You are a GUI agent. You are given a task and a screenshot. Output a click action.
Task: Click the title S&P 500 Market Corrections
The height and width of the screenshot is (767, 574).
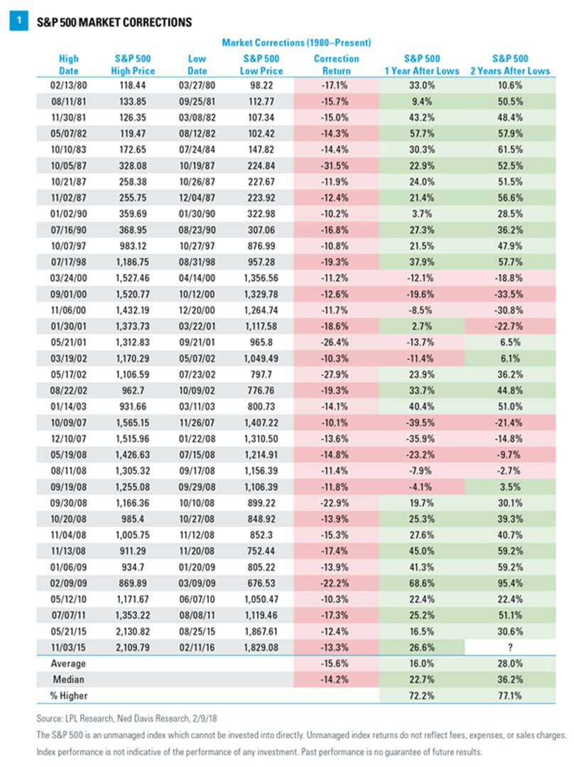(114, 22)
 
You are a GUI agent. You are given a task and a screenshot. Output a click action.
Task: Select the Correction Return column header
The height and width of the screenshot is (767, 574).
(336, 65)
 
